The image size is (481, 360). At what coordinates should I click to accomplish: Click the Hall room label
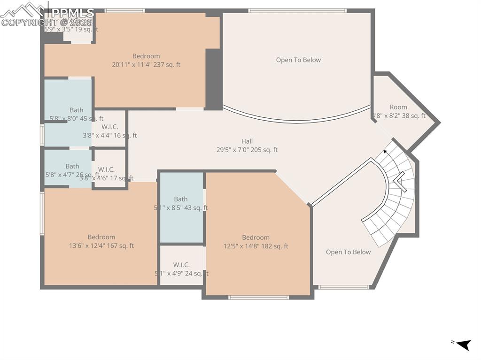pyautogui.click(x=247, y=141)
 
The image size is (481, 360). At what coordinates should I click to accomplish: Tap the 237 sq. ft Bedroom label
pyautogui.click(x=146, y=56)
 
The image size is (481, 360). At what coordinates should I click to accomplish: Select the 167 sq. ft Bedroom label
pyautogui.click(x=101, y=237)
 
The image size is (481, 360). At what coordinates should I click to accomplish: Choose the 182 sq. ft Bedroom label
pyautogui.click(x=256, y=237)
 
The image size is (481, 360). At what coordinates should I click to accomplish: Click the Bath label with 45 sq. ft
pyautogui.click(x=77, y=110)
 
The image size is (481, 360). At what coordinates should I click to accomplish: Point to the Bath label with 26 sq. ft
pyautogui.click(x=72, y=166)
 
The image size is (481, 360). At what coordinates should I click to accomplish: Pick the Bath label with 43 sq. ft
pyautogui.click(x=181, y=199)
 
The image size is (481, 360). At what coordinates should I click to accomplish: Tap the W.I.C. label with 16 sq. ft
pyautogui.click(x=110, y=127)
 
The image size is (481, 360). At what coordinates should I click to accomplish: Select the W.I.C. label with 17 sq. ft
pyautogui.click(x=106, y=169)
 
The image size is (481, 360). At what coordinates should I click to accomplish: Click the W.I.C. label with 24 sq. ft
pyautogui.click(x=181, y=265)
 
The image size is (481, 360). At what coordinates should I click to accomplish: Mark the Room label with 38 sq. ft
pyautogui.click(x=398, y=107)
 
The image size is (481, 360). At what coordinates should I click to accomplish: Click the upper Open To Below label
pyautogui.click(x=298, y=60)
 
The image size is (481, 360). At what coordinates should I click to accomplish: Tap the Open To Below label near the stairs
pyautogui.click(x=348, y=252)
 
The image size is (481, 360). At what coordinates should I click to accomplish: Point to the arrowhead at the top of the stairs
pyautogui.click(x=386, y=151)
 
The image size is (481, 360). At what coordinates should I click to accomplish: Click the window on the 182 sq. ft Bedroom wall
pyautogui.click(x=258, y=297)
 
